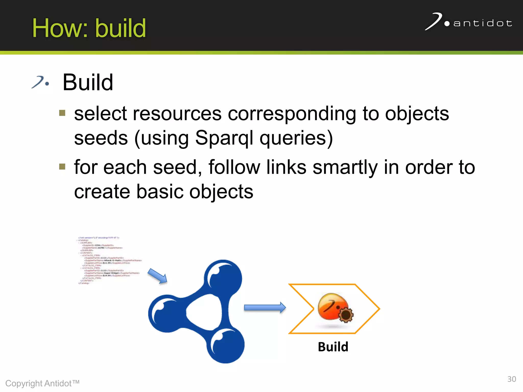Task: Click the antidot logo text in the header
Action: tap(483, 23)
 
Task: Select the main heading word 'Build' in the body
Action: tap(88, 82)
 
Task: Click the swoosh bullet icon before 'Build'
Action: tap(40, 82)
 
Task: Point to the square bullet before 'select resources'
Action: tap(62, 113)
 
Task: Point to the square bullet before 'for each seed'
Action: tap(62, 167)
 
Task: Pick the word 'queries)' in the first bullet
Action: tap(296, 138)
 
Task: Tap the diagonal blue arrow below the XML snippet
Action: tap(158, 276)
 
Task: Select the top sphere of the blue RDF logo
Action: tap(224, 277)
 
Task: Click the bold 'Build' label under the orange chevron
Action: tap(333, 347)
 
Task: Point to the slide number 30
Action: tap(512, 379)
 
